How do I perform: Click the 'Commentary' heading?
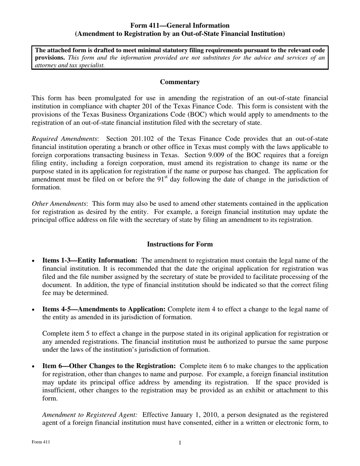180,82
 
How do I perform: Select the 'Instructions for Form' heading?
180,244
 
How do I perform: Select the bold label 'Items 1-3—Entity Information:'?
90,261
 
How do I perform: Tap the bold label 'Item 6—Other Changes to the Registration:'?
109,366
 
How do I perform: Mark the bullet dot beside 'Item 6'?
34,367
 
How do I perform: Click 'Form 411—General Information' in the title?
180,25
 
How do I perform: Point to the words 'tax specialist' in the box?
86,65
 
